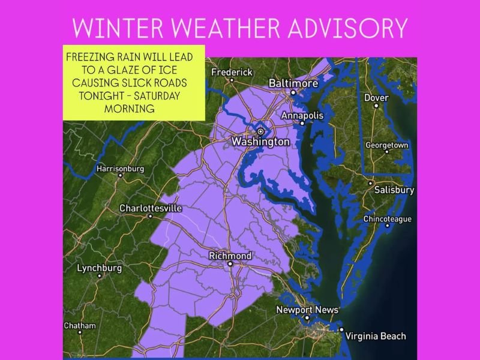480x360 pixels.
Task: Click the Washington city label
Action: [260, 142]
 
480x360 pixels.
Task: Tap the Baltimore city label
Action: [293, 83]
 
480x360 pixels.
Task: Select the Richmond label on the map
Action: [230, 256]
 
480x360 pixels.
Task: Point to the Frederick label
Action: [232, 72]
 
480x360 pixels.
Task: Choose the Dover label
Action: [376, 98]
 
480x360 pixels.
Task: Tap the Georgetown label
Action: [387, 145]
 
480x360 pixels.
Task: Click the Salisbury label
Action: [394, 190]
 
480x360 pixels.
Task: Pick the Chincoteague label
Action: [387, 219]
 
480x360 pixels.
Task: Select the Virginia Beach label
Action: [376, 336]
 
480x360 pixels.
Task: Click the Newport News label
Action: [307, 310]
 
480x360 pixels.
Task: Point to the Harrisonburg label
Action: [120, 169]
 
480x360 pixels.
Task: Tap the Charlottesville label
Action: [150, 208]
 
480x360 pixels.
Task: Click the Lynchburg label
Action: [99, 268]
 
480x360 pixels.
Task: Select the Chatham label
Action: [80, 326]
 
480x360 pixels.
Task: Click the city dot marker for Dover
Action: [376, 106]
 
